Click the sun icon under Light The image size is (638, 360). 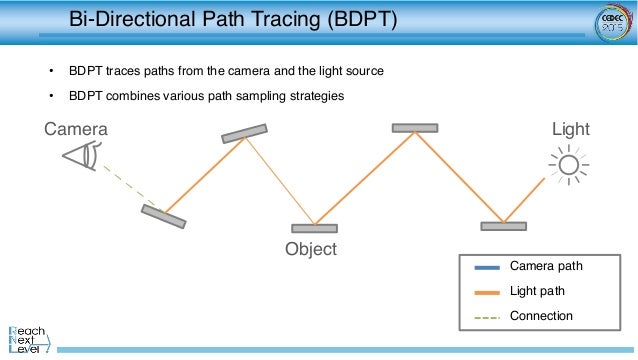(x=569, y=163)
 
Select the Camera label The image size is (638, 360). (x=76, y=129)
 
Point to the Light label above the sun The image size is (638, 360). (x=571, y=129)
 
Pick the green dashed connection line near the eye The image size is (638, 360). (x=124, y=184)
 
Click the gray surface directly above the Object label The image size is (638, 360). (x=314, y=228)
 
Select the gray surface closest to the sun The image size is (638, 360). (x=503, y=226)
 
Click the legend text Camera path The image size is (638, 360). (x=546, y=266)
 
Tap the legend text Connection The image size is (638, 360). (x=541, y=316)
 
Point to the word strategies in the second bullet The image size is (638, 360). (x=315, y=96)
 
